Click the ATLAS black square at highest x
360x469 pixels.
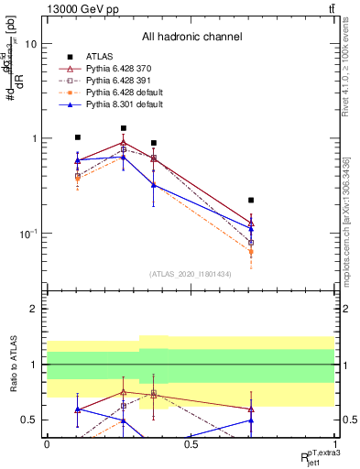pos(251,200)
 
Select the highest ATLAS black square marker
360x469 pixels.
pos(124,128)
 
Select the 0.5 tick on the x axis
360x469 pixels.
pos(191,444)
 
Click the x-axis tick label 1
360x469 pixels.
pos(334,444)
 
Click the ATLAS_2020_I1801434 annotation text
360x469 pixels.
pos(191,273)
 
